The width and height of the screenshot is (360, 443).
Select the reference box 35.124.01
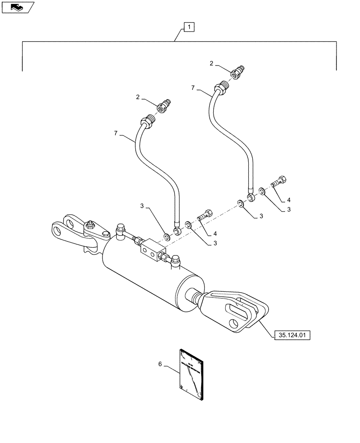[293, 334]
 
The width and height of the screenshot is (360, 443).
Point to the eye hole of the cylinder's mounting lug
[58, 229]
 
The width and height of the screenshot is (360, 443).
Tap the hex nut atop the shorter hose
[147, 120]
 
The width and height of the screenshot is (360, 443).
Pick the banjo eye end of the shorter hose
[176, 232]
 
